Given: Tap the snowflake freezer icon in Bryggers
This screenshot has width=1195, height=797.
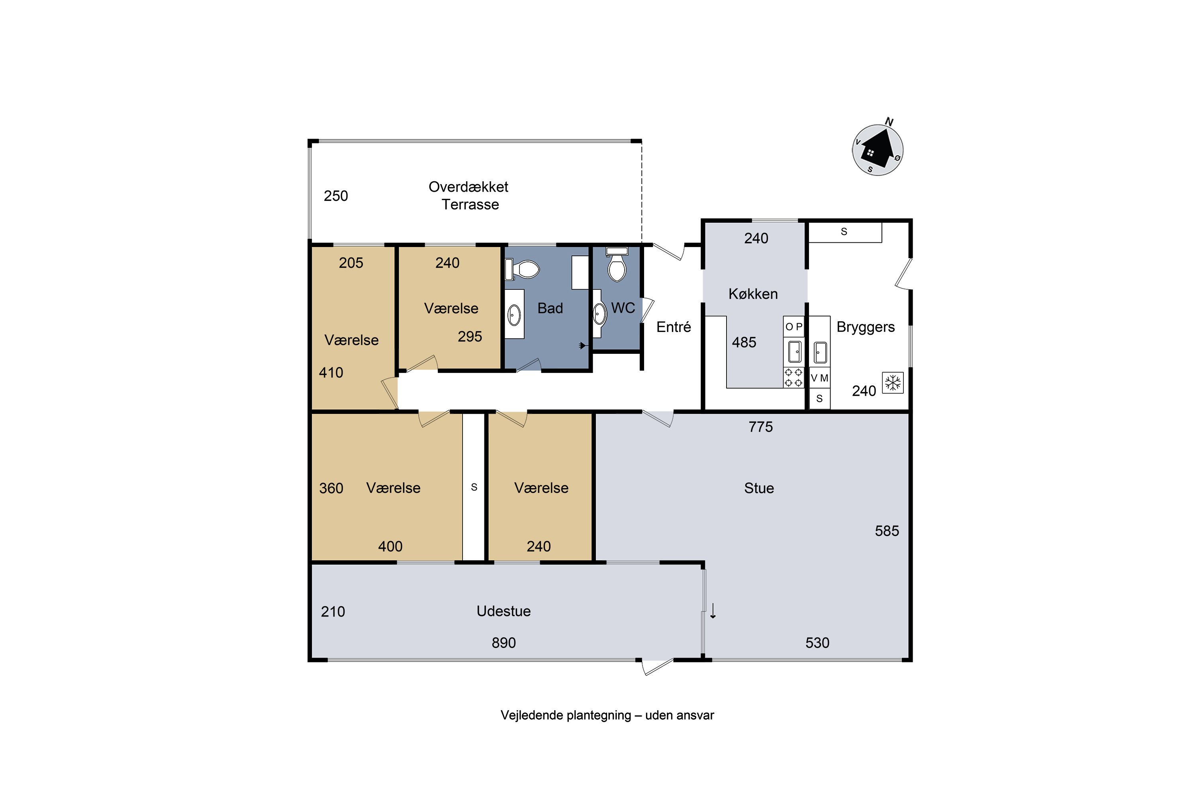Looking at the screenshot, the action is coord(893,383).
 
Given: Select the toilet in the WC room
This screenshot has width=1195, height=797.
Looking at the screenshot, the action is coord(617,264).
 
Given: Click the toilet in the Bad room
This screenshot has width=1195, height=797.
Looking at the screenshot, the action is coord(522,269).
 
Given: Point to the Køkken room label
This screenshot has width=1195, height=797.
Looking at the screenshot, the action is coord(753,294).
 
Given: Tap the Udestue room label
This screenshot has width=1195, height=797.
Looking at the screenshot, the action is coord(503,611).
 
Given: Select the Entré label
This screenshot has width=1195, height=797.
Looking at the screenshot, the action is coord(674,327).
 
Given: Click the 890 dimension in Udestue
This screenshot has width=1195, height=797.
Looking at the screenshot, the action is coord(503,643).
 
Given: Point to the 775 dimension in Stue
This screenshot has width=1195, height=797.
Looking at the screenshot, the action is coord(760,427).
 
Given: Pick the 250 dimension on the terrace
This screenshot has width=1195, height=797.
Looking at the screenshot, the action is coord(336,196).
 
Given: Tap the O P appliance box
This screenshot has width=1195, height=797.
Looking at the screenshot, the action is coord(793,327).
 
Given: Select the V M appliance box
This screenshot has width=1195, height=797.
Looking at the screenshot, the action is coord(819,378).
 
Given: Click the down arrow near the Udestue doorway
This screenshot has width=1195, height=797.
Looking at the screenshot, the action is coord(713,611).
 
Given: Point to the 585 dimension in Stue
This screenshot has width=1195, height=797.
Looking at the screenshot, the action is coord(887,531).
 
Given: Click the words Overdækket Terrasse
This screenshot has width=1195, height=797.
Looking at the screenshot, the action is coord(468,196).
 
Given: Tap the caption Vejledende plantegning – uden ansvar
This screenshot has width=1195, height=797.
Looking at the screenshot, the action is coord(607,715).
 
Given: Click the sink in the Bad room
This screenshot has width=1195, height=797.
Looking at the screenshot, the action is coord(514,315).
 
